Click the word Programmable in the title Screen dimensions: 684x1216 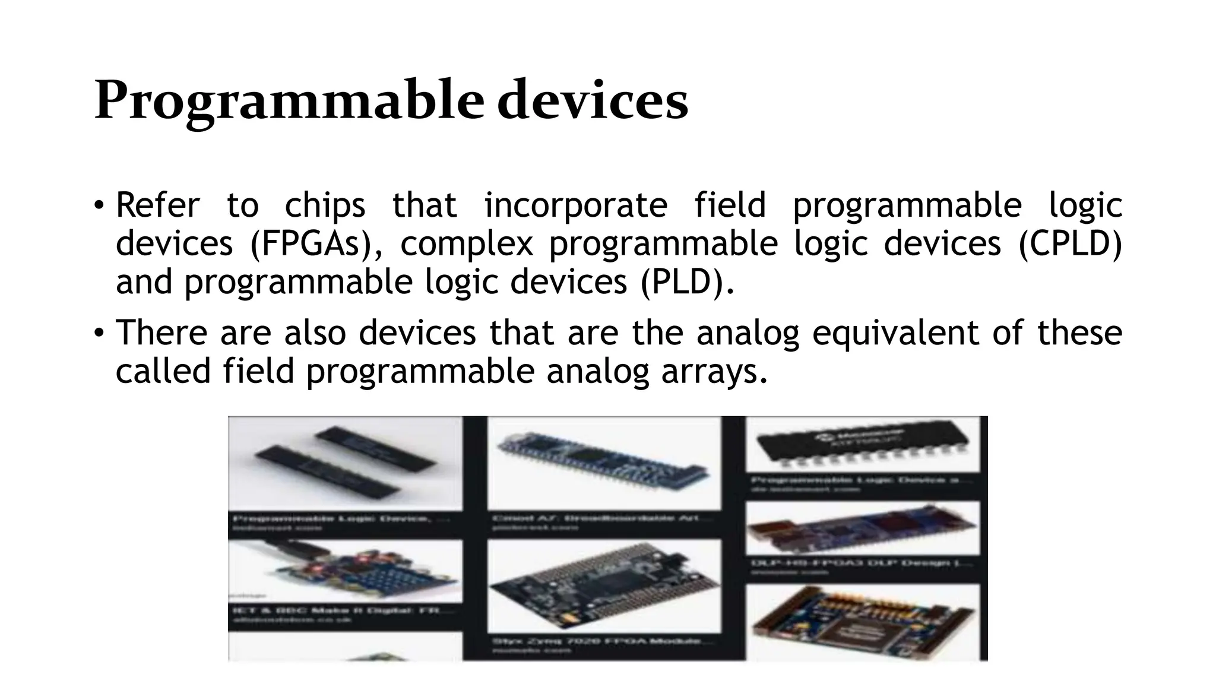[x=289, y=101]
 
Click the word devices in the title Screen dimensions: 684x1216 [x=593, y=101]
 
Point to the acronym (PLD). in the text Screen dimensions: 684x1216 [x=687, y=282]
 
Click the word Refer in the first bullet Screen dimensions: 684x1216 [x=158, y=205]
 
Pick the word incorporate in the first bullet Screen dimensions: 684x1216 [x=576, y=205]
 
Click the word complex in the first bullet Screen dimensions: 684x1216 [x=467, y=243]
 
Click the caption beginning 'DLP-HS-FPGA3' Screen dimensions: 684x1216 [x=861, y=563]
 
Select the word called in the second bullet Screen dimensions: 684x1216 [x=163, y=371]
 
